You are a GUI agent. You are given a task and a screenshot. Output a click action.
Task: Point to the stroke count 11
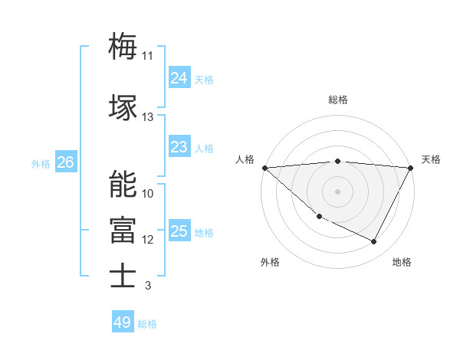coord(148,56)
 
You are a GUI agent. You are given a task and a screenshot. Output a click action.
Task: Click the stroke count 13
coord(148,117)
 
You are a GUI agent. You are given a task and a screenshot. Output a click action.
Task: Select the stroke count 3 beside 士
coord(148,286)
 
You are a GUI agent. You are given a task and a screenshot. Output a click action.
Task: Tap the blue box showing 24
coord(179,77)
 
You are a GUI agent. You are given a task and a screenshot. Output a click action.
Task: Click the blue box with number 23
coord(179,146)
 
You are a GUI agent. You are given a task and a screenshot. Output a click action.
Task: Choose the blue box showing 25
coord(179,231)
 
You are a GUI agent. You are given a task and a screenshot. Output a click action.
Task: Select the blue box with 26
coord(65,162)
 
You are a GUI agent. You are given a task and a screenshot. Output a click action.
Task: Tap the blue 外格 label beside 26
coord(41,163)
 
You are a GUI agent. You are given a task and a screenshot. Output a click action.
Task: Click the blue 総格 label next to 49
coord(147,324)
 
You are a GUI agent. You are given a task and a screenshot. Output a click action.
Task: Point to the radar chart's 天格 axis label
coord(431,159)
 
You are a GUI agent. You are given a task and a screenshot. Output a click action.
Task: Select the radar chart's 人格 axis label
coord(245,159)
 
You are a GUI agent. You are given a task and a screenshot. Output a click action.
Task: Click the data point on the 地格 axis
coord(374,242)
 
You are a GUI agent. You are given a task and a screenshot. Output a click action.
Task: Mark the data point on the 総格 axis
coord(337,161)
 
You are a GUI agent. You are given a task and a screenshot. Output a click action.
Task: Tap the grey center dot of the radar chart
coord(337,191)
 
